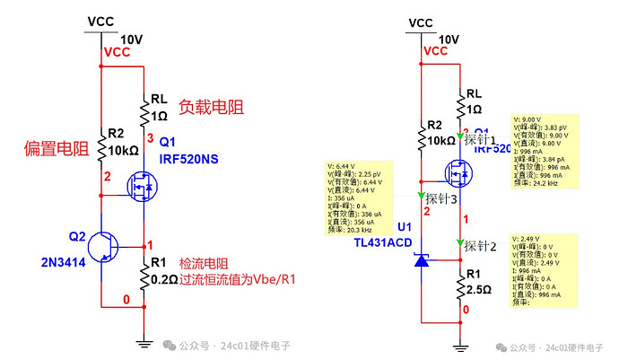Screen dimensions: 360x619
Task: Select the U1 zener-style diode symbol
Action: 422,260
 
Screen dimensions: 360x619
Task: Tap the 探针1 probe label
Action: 481,141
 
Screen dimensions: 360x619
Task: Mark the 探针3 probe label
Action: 442,198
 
